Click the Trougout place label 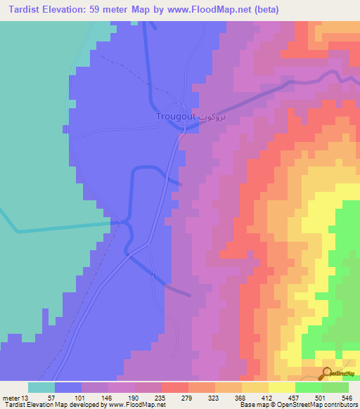point(176,116)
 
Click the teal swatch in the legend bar point(41,387)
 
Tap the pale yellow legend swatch point(281,387)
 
